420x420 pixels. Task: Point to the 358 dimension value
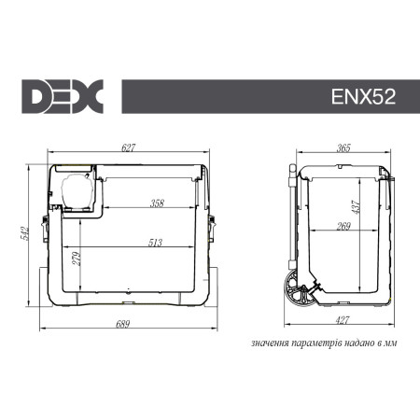point(158,203)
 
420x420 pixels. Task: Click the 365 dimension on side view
point(343,147)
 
